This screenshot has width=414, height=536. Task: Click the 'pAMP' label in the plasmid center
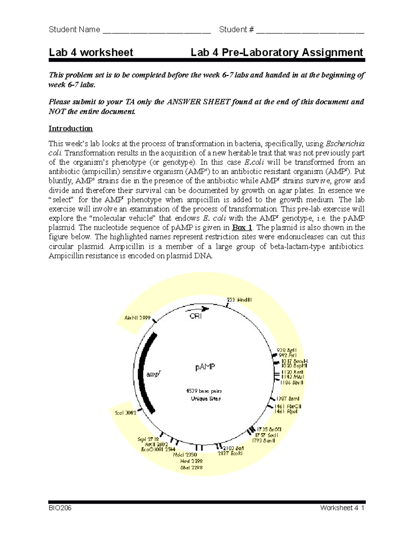click(x=206, y=367)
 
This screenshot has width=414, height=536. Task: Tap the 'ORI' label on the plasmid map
click(x=196, y=316)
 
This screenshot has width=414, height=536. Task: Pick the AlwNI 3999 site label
click(x=137, y=318)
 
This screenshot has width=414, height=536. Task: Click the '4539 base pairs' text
click(x=204, y=391)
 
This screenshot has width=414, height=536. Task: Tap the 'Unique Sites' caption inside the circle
click(x=206, y=399)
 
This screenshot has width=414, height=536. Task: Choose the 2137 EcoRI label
click(x=230, y=453)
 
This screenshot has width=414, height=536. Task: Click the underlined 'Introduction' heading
click(x=70, y=129)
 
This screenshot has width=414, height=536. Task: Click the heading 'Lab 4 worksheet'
click(x=91, y=52)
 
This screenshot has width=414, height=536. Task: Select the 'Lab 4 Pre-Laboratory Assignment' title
click(x=277, y=52)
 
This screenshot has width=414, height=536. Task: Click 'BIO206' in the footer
click(x=60, y=508)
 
